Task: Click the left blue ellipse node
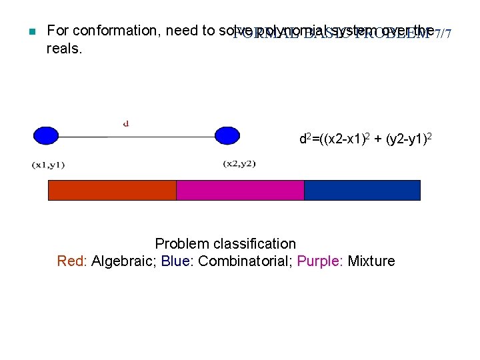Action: [46, 135]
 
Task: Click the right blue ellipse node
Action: [227, 135]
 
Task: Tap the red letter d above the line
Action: [126, 123]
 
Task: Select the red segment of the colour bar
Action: [112, 190]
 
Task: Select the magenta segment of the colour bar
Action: [240, 190]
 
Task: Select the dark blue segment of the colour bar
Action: [362, 190]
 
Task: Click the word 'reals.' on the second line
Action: [65, 48]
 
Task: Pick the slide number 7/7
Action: [442, 33]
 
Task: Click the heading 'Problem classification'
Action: [225, 244]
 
